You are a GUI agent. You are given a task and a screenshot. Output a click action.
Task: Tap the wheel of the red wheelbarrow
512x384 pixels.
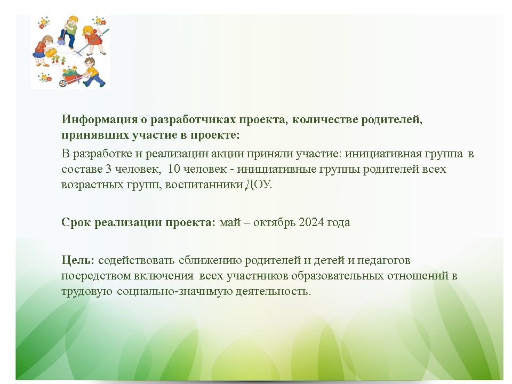pyautogui.click(x=63, y=83)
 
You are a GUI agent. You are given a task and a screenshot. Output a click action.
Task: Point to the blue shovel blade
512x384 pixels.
pyautogui.click(x=61, y=42)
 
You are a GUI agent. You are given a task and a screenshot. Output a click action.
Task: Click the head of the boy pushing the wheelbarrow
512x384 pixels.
pyautogui.click(x=90, y=62)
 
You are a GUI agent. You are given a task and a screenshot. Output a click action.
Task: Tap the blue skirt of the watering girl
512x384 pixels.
pyautogui.click(x=39, y=54)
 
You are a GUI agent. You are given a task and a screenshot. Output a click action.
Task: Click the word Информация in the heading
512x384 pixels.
pyautogui.click(x=100, y=119)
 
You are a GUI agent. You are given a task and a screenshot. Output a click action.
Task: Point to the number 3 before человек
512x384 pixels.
pyautogui.click(x=108, y=169)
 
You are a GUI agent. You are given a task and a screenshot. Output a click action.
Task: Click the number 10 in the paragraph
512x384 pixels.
pyautogui.click(x=174, y=169)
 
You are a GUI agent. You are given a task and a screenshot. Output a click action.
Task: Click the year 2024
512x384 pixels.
pyautogui.click(x=311, y=222)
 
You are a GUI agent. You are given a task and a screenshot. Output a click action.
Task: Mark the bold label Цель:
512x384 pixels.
pyautogui.click(x=78, y=260)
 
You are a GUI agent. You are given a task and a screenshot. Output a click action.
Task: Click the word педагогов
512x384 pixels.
pyautogui.click(x=383, y=260)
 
